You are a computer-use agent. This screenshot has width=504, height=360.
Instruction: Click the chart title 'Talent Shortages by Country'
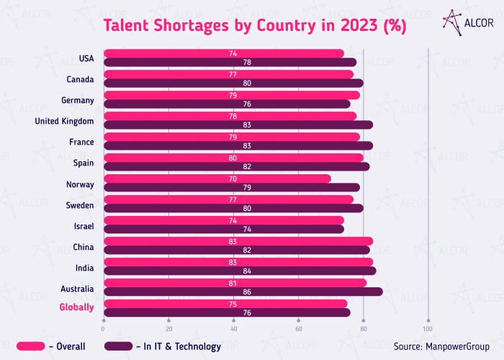click(x=255, y=26)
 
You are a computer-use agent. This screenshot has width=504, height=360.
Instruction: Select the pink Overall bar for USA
click(x=224, y=53)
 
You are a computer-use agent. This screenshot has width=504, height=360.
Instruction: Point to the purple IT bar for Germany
click(x=227, y=104)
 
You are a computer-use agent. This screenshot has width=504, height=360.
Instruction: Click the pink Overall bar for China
click(x=238, y=241)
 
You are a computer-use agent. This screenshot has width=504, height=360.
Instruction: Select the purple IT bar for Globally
click(x=227, y=312)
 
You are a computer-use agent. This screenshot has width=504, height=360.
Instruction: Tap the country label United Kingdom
click(x=64, y=121)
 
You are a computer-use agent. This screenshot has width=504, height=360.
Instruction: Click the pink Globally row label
click(x=77, y=307)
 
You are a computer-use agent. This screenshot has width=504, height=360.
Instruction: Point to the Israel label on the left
click(x=83, y=226)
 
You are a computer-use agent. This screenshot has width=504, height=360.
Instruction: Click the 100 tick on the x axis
click(x=428, y=328)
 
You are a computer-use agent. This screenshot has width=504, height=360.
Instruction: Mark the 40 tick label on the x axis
click(x=234, y=328)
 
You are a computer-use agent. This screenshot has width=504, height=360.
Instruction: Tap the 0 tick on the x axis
click(x=104, y=328)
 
